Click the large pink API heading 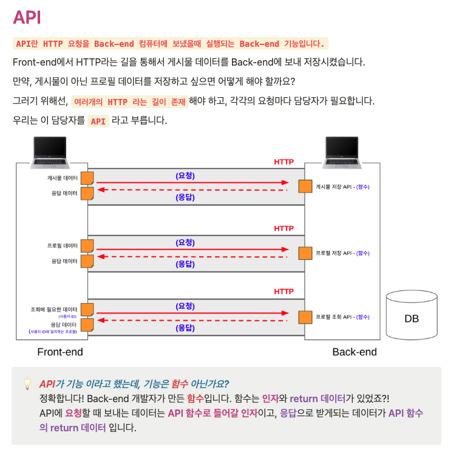(27, 17)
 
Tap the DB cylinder (411, 315)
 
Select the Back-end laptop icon (342, 152)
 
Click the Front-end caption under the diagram (60, 352)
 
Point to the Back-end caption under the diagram (355, 352)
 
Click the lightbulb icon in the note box (27, 384)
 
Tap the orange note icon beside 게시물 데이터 (87, 178)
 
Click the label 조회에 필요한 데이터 (54, 309)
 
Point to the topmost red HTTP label (284, 162)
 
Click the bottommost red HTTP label (284, 292)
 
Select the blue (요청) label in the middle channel (185, 242)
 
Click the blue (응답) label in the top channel (185, 197)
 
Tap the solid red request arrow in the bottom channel (191, 313)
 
